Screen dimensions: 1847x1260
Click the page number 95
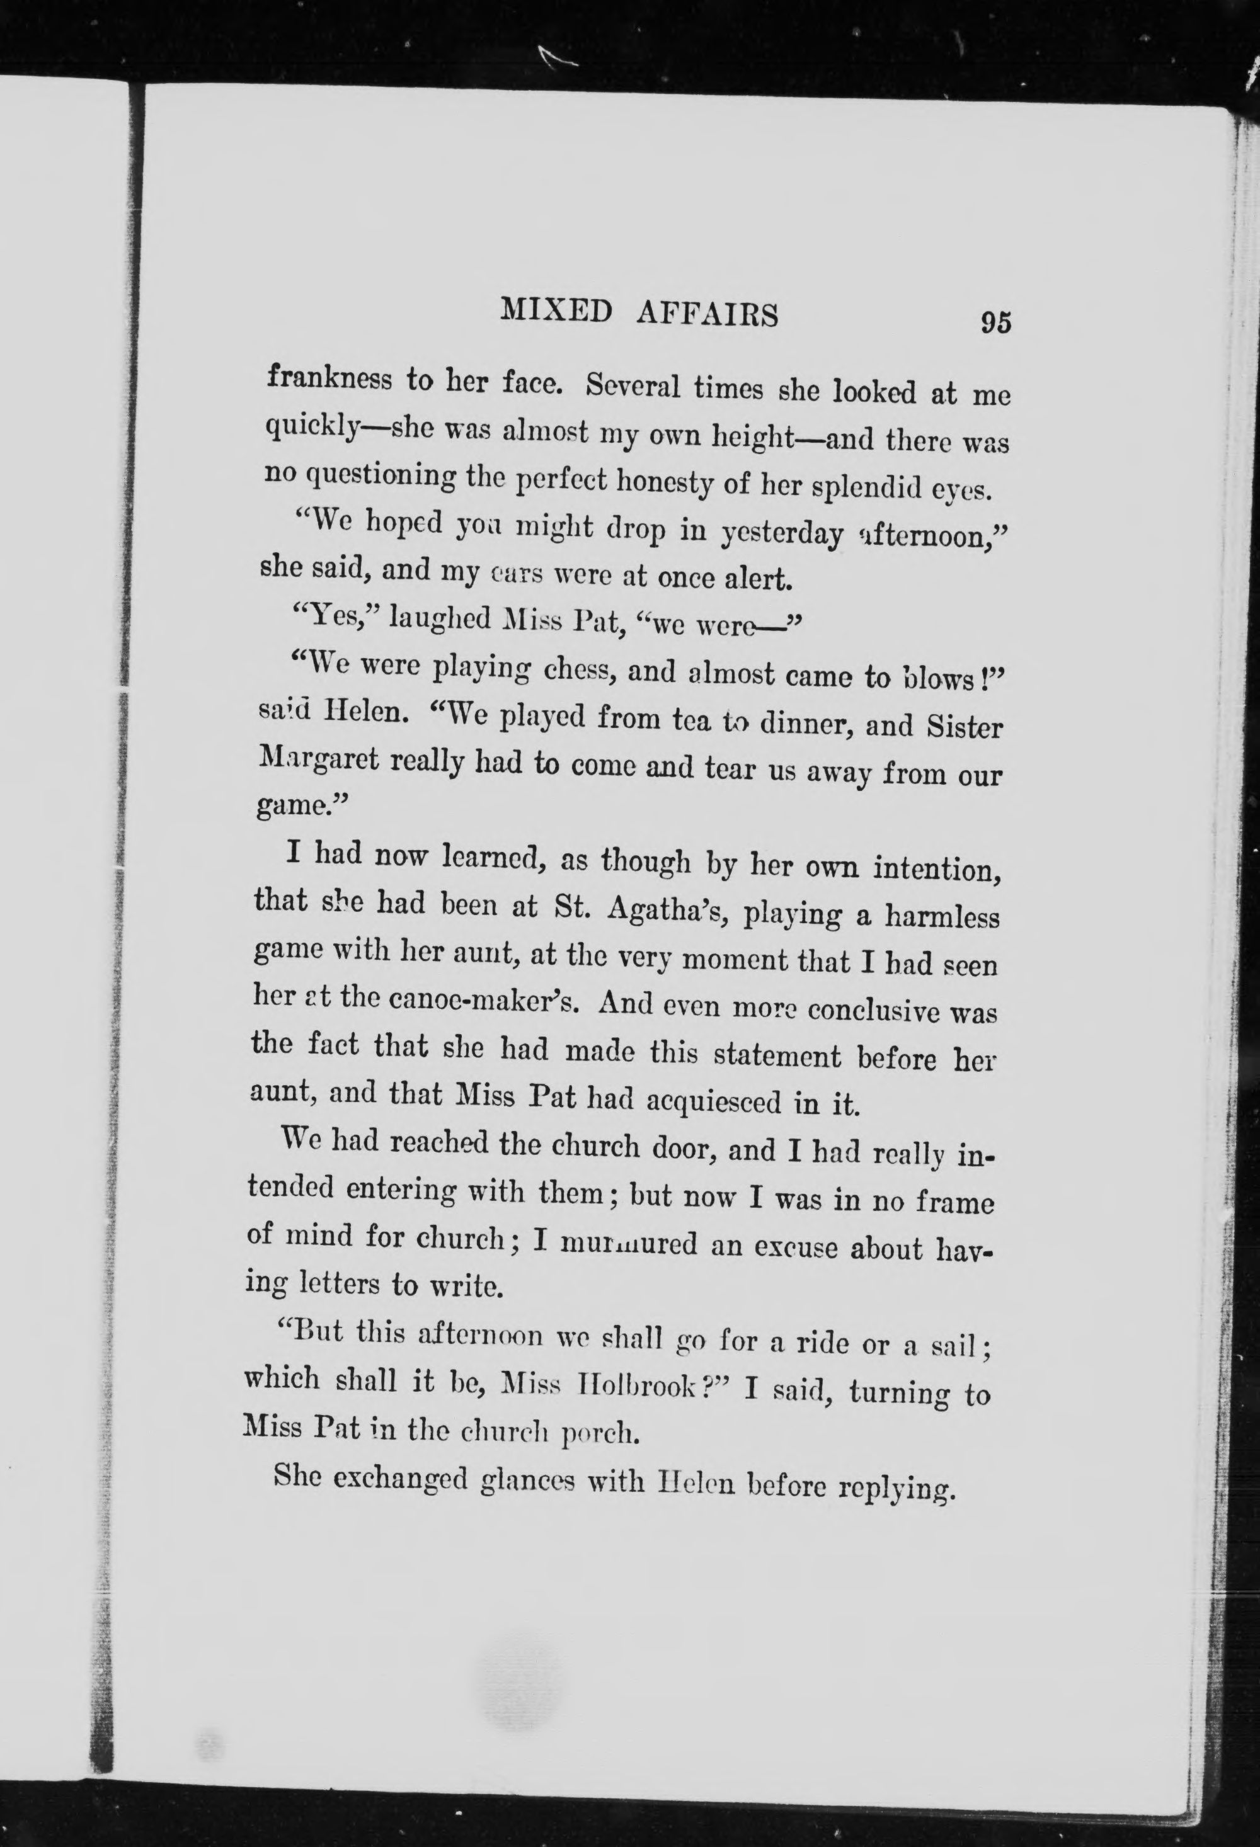[x=995, y=324]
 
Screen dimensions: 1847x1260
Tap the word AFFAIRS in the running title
[x=707, y=315]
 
